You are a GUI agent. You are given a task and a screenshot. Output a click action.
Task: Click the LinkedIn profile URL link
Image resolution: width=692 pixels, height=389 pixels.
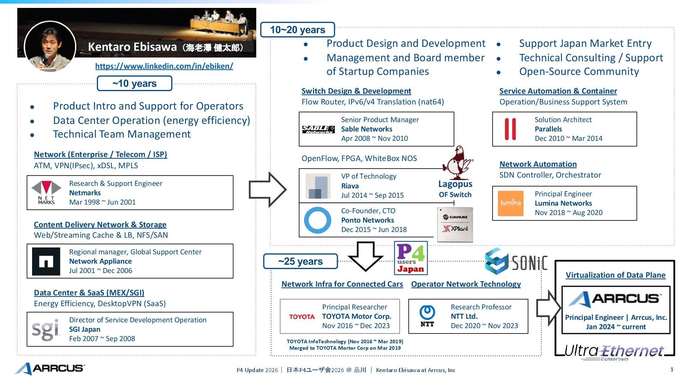tap(164, 66)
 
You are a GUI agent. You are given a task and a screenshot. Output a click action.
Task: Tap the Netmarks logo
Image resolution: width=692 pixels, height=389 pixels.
tap(46, 193)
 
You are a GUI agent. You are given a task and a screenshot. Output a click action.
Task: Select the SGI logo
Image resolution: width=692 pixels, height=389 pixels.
tap(45, 329)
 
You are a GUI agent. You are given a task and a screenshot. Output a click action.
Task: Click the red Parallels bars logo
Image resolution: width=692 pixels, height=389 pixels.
tap(510, 129)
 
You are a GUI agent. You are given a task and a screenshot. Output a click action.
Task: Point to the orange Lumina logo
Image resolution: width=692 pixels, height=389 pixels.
tap(510, 203)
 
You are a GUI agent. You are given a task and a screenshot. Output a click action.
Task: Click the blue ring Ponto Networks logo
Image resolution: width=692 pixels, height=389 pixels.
tap(318, 220)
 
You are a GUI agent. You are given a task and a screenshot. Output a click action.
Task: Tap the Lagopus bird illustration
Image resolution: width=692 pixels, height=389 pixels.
tap(457, 163)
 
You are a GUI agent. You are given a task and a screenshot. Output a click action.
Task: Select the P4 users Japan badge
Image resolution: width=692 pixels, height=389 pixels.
tap(411, 258)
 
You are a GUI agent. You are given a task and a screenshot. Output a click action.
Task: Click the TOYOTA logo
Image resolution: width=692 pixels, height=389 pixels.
tap(302, 317)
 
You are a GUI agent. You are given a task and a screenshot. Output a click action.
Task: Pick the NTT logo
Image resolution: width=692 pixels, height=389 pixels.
tap(427, 316)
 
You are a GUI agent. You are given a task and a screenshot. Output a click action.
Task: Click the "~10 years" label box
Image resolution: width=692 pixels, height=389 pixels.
tap(134, 84)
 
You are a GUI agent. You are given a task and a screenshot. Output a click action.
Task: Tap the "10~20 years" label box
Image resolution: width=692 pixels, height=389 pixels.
tap(297, 30)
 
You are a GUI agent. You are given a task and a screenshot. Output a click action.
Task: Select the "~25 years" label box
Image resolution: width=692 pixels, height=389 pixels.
tap(300, 261)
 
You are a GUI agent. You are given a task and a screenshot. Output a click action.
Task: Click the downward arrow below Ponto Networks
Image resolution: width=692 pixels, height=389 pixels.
tap(365, 256)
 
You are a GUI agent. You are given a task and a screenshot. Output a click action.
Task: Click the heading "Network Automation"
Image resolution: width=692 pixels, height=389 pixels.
tap(538, 164)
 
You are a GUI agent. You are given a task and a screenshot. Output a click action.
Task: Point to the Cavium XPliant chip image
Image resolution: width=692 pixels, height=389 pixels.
tap(455, 224)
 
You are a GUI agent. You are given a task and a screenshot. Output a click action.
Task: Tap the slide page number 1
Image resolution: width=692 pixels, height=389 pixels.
tap(672, 369)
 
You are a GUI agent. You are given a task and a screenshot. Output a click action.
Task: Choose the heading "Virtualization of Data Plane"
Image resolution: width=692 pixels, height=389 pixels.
tap(615, 275)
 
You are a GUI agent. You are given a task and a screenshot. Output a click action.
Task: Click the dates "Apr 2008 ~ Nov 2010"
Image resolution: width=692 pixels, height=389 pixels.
tap(374, 138)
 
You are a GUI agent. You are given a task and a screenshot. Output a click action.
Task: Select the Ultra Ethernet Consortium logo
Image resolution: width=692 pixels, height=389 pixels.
tap(614, 352)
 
